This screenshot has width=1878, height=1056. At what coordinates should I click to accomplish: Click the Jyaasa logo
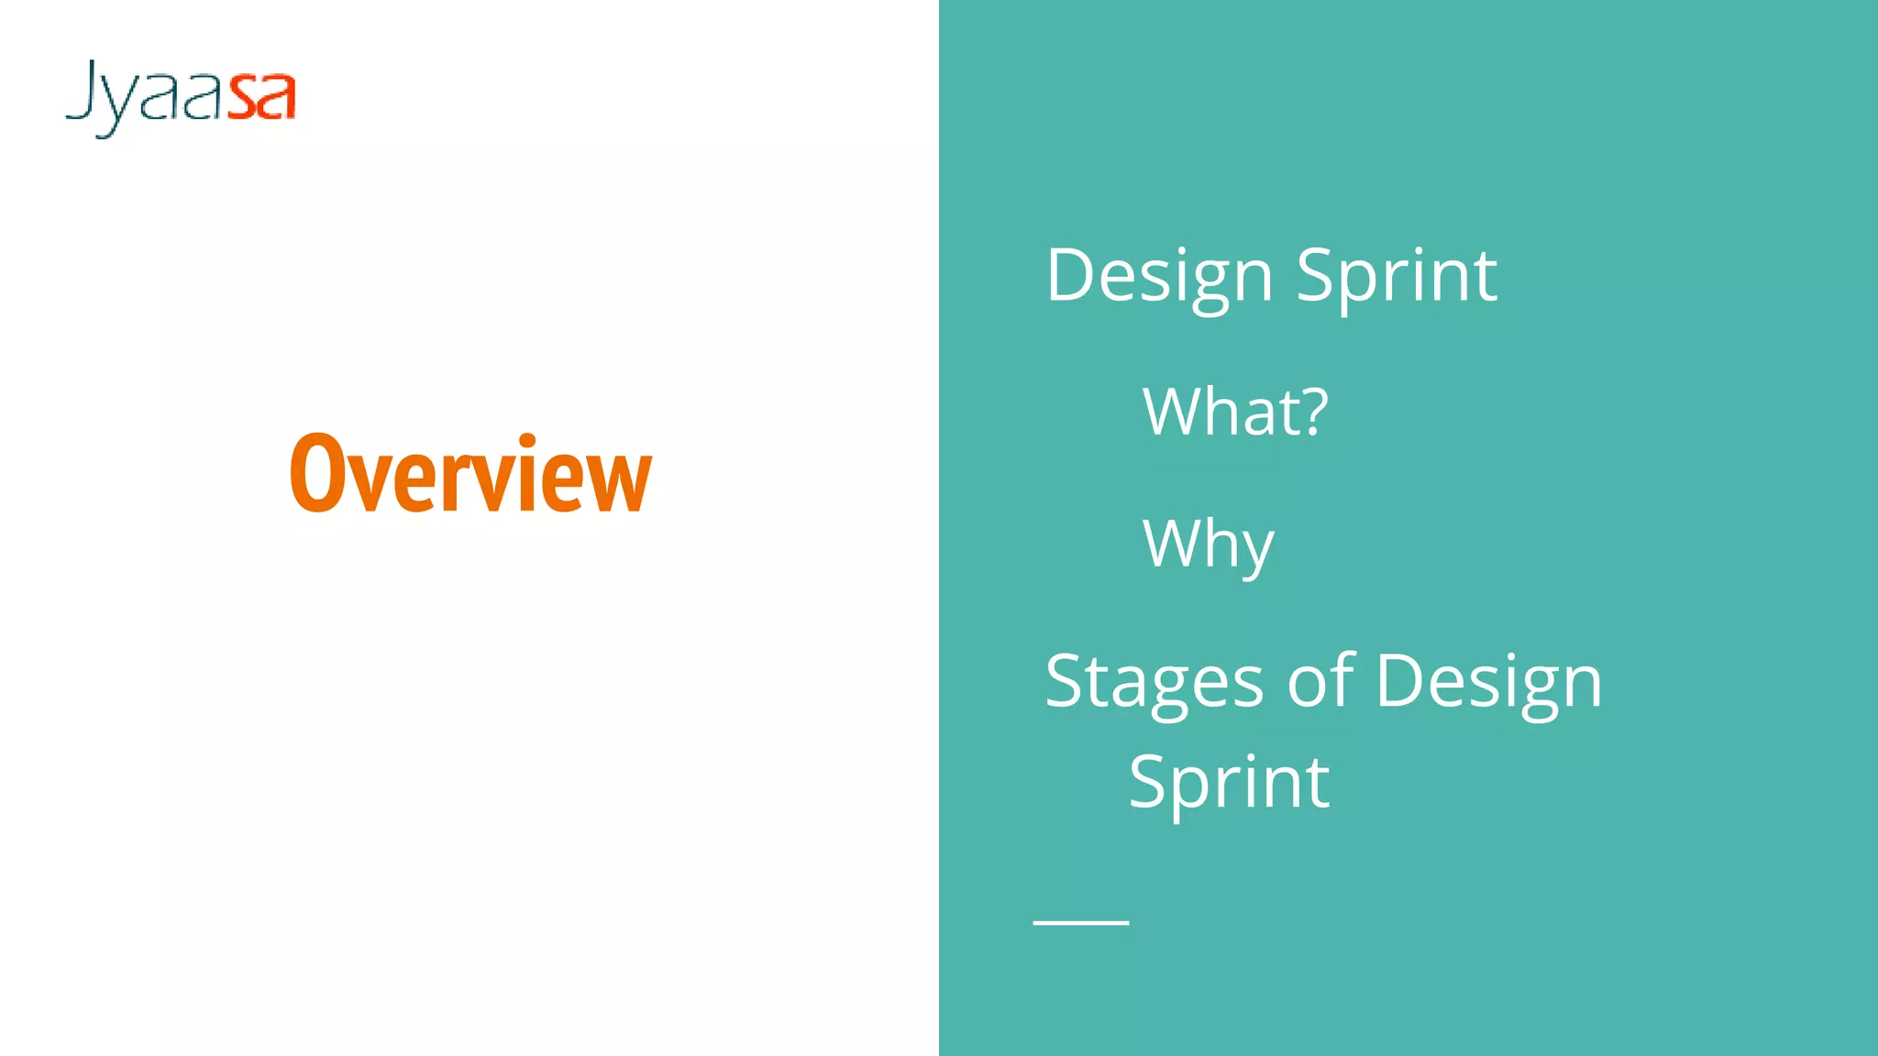[x=181, y=97]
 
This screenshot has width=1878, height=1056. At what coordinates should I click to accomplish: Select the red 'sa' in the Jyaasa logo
[x=261, y=97]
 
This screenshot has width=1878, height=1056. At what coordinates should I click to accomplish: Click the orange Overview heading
[x=470, y=475]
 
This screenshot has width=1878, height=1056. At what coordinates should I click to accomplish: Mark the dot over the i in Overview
[x=527, y=441]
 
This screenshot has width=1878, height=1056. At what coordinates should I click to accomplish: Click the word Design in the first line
[x=1159, y=276]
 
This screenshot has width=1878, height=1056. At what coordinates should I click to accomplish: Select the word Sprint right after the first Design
[x=1397, y=276]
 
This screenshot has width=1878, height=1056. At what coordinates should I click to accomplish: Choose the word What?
[x=1234, y=412]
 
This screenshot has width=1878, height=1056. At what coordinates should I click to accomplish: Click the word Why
[x=1208, y=544]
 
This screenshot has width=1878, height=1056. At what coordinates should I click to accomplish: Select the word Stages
[x=1154, y=683]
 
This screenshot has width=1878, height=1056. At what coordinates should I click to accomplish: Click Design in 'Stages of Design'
[x=1488, y=683]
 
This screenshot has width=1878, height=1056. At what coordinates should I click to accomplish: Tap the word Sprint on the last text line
[x=1229, y=783]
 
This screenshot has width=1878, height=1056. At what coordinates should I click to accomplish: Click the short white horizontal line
[x=1080, y=922]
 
